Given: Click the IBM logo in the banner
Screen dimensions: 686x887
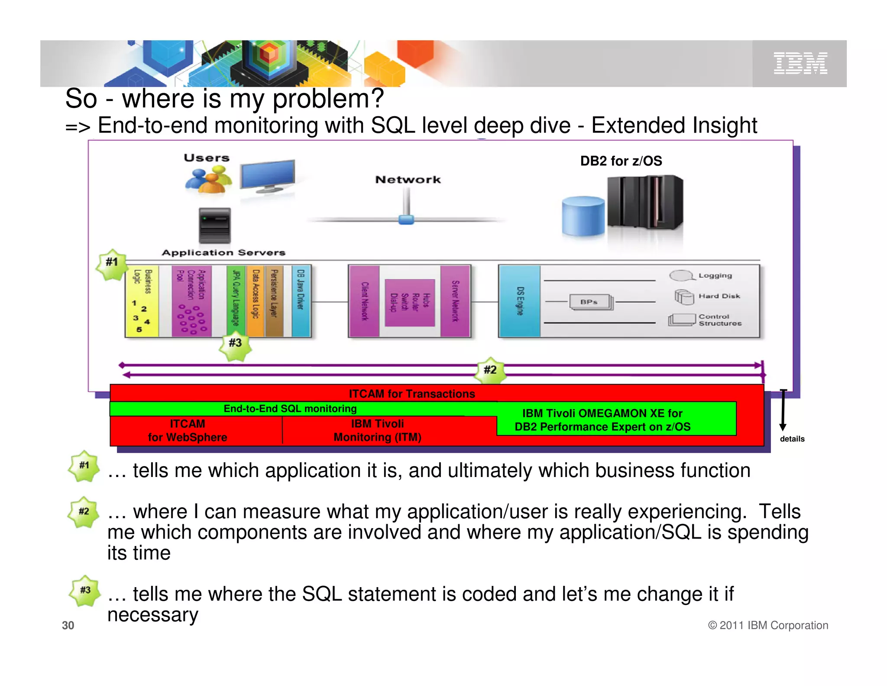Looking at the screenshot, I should (x=800, y=63).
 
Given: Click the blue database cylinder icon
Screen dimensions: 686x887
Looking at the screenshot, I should (x=583, y=216).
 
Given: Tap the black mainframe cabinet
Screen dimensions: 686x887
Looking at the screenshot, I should (x=644, y=202).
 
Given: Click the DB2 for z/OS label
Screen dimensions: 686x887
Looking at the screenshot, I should (x=621, y=161).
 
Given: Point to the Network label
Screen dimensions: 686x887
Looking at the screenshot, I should (x=408, y=180).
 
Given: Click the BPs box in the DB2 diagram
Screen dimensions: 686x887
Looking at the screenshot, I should (x=590, y=302).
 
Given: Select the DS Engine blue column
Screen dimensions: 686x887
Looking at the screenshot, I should (x=520, y=301).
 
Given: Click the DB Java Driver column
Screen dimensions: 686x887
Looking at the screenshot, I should (x=301, y=301).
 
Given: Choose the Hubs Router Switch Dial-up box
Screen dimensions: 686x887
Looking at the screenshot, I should (x=409, y=302).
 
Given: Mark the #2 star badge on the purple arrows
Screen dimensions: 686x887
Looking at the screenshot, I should (x=490, y=370).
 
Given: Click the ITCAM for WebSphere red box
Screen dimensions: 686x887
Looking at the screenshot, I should (x=188, y=431).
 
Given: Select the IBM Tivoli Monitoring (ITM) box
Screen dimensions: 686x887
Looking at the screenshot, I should (x=377, y=431).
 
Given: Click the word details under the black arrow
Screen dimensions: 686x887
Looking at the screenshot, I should (x=792, y=439).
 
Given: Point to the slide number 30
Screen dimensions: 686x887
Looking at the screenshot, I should (x=68, y=625).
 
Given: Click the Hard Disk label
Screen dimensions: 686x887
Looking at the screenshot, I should (x=719, y=296).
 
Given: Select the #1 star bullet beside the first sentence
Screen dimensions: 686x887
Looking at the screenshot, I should (x=84, y=466).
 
